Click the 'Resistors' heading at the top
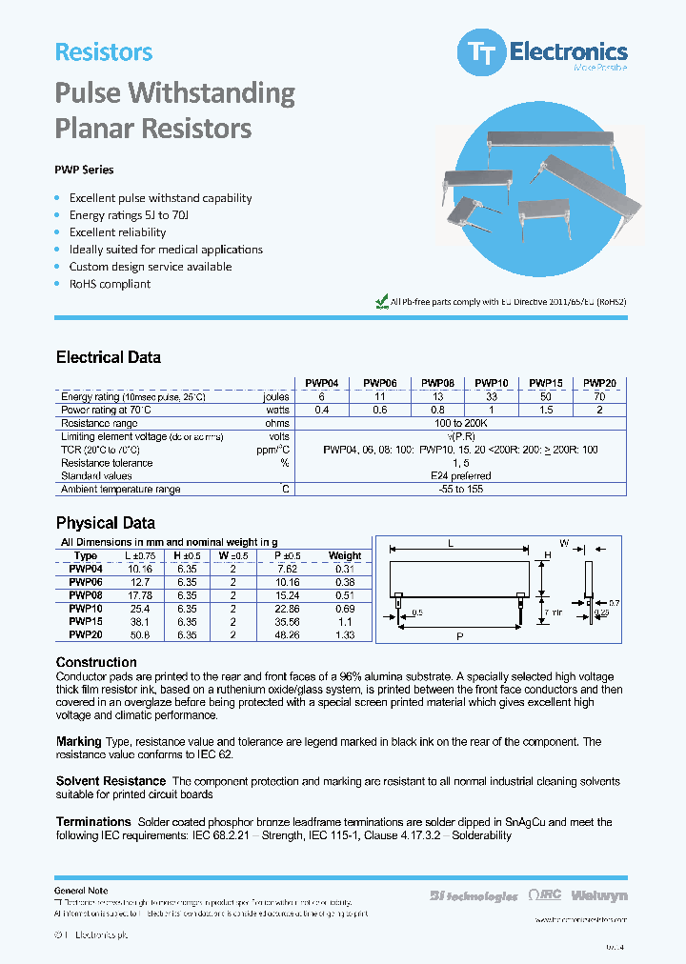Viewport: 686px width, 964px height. pyautogui.click(x=104, y=52)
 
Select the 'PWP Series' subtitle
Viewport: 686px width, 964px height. pyautogui.click(x=84, y=170)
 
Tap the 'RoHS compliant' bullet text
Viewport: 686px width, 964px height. pyautogui.click(x=110, y=284)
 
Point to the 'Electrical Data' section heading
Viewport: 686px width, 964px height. pyautogui.click(x=108, y=357)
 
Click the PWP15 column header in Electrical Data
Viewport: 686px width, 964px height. pyautogui.click(x=546, y=384)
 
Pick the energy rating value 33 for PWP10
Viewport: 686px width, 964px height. pyautogui.click(x=490, y=396)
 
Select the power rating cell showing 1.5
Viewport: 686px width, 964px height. pyautogui.click(x=546, y=410)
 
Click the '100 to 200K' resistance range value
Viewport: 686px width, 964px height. pyautogui.click(x=460, y=423)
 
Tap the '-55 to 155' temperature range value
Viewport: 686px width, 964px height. pyautogui.click(x=460, y=490)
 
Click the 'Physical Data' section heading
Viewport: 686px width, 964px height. pyautogui.click(x=105, y=523)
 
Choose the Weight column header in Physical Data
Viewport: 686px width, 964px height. pyautogui.click(x=345, y=555)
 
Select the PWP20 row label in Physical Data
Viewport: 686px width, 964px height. pyautogui.click(x=86, y=633)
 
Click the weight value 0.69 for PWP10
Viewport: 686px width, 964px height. pyautogui.click(x=345, y=608)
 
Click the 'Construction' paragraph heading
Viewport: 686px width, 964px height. pyautogui.click(x=96, y=662)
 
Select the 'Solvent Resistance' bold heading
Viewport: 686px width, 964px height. pyautogui.click(x=111, y=781)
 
